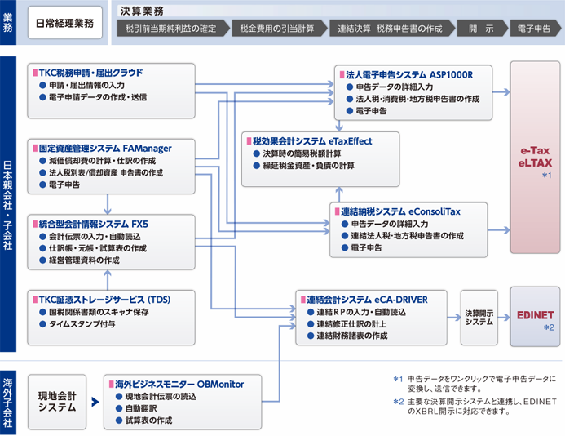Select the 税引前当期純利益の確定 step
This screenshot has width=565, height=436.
pyautogui.click(x=171, y=29)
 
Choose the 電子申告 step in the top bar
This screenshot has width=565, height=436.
pyautogui.click(x=533, y=29)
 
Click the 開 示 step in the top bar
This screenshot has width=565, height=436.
pyautogui.click(x=480, y=29)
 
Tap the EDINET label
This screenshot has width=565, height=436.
pyautogui.click(x=535, y=313)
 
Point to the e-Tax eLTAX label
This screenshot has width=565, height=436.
pyautogui.click(x=536, y=157)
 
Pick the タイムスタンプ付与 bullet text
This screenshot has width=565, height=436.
pyautogui.click(x=82, y=324)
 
